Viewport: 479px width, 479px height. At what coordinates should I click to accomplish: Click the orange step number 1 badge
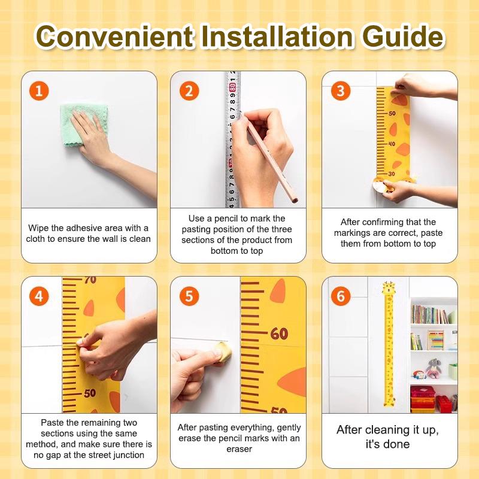coord(39,91)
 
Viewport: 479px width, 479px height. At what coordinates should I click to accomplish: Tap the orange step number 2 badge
coord(189,91)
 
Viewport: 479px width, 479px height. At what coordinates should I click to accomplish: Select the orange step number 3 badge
coord(341,91)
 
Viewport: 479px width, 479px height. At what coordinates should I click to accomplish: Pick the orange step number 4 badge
coord(39,296)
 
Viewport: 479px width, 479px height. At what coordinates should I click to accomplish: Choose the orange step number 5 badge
coord(189,296)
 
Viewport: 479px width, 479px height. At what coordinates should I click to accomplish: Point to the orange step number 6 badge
coord(341,296)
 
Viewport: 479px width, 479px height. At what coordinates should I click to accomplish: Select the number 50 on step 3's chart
coord(392,113)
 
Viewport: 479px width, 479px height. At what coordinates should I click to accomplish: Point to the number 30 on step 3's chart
coord(392,174)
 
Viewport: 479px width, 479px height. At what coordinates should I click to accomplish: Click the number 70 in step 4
coord(90,280)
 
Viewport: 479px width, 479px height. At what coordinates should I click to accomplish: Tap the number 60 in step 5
coord(279,334)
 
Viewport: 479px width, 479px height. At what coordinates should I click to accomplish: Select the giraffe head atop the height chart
coord(389,289)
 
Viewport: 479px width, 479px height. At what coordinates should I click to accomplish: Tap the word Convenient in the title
coord(114,37)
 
